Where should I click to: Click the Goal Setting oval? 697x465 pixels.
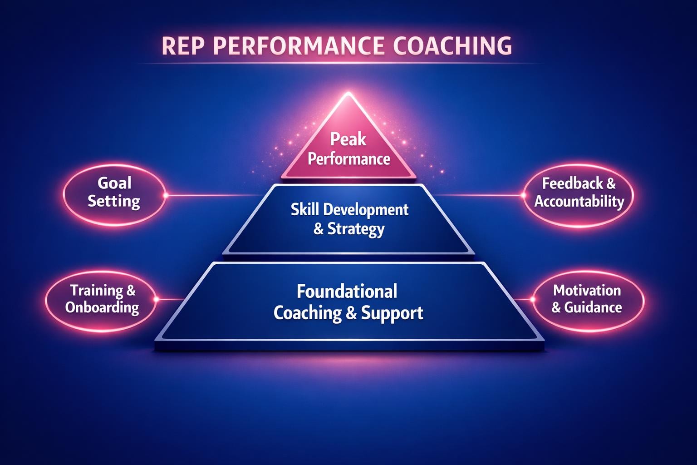pos(114,193)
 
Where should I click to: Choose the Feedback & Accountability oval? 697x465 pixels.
pos(579,193)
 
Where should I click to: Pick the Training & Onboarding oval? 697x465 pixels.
pos(102,299)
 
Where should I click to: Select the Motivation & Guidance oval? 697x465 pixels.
pos(587,299)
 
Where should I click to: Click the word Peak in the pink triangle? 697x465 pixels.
pos(348,139)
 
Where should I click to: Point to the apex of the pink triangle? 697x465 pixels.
pos(348,94)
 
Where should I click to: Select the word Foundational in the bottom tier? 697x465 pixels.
pos(347,291)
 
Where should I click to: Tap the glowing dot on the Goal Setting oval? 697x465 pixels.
pos(165,195)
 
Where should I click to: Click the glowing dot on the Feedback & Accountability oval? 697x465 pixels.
pos(523,195)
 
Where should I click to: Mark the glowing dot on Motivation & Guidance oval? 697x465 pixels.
pos(532,299)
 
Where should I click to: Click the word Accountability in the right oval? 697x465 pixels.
pos(579,201)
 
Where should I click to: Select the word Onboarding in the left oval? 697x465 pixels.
pos(102,307)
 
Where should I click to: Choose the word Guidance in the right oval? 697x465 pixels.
pos(593,308)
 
